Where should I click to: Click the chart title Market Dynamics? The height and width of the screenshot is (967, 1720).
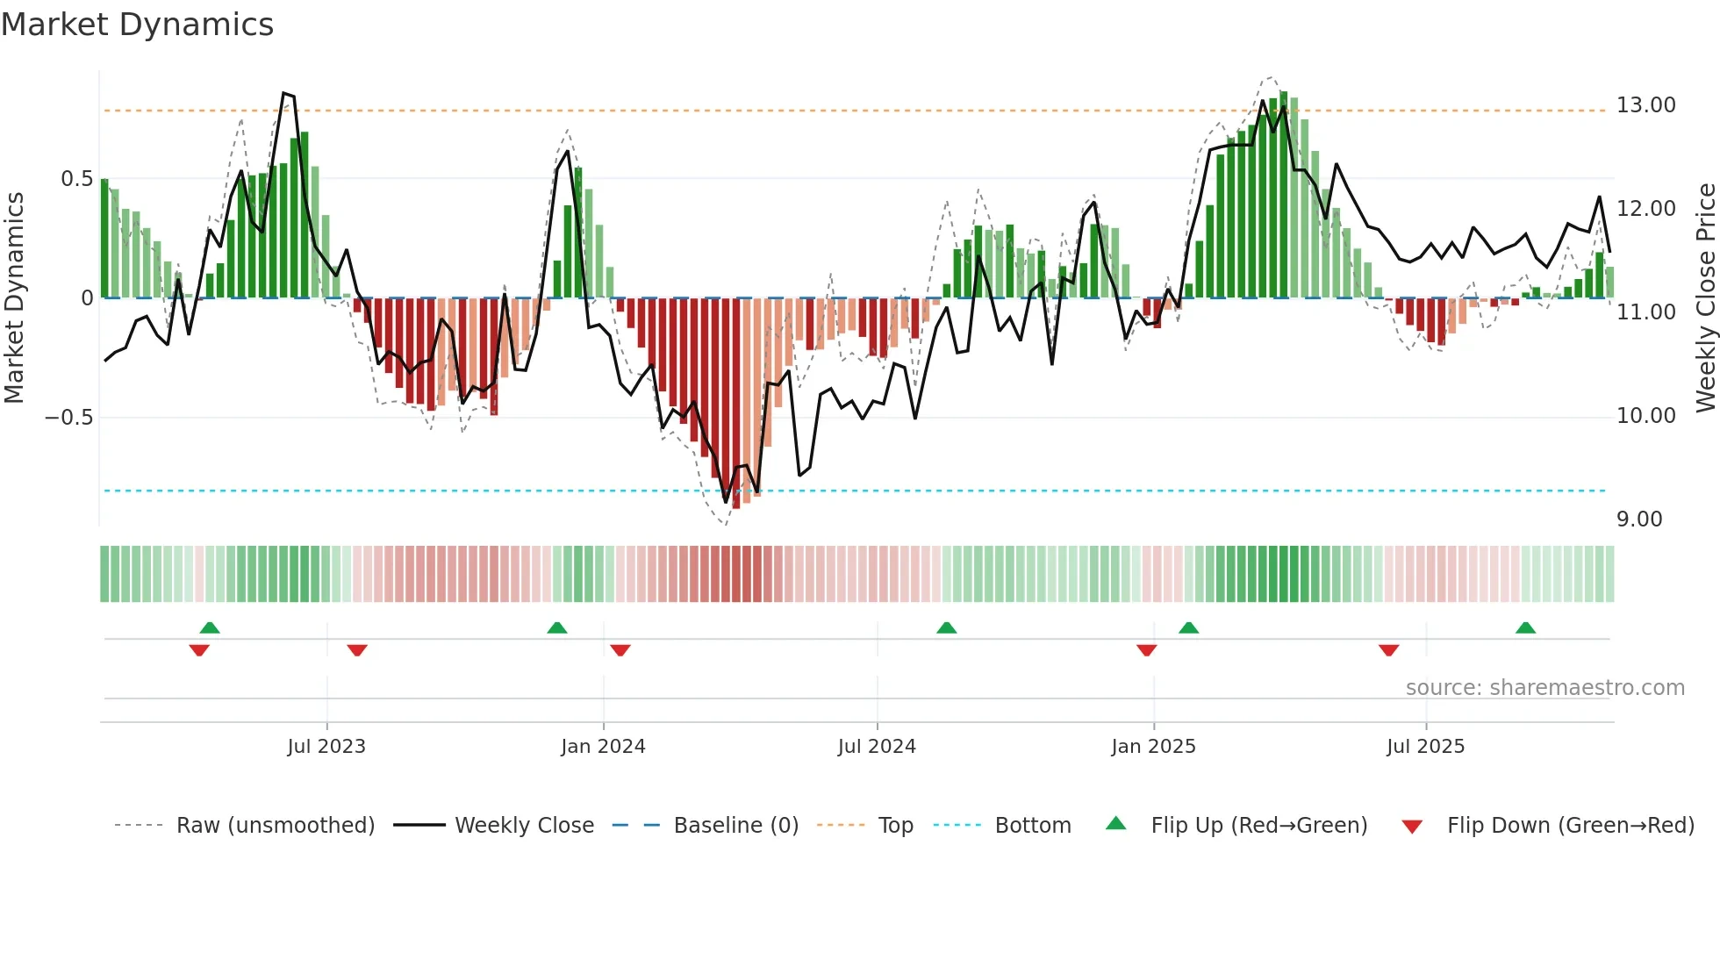137,25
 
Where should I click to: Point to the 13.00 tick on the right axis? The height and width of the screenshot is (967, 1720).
1645,105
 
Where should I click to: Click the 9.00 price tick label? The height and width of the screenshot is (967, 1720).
1638,519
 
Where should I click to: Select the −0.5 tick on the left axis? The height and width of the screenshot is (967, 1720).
68,418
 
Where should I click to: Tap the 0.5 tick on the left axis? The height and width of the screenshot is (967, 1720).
76,179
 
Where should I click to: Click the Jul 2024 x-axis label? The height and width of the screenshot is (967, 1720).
877,747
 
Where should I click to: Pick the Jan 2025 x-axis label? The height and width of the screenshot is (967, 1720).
1153,747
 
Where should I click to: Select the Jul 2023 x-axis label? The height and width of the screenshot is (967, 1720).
326,747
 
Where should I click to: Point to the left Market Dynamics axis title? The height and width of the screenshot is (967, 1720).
14,298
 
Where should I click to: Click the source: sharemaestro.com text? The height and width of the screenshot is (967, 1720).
1544,688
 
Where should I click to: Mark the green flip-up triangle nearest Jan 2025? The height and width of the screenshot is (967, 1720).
1188,628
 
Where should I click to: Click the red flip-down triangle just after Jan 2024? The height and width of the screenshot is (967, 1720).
620,650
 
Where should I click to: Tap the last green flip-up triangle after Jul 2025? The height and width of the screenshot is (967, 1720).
1525,628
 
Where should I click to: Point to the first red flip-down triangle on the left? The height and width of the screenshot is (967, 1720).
199,650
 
